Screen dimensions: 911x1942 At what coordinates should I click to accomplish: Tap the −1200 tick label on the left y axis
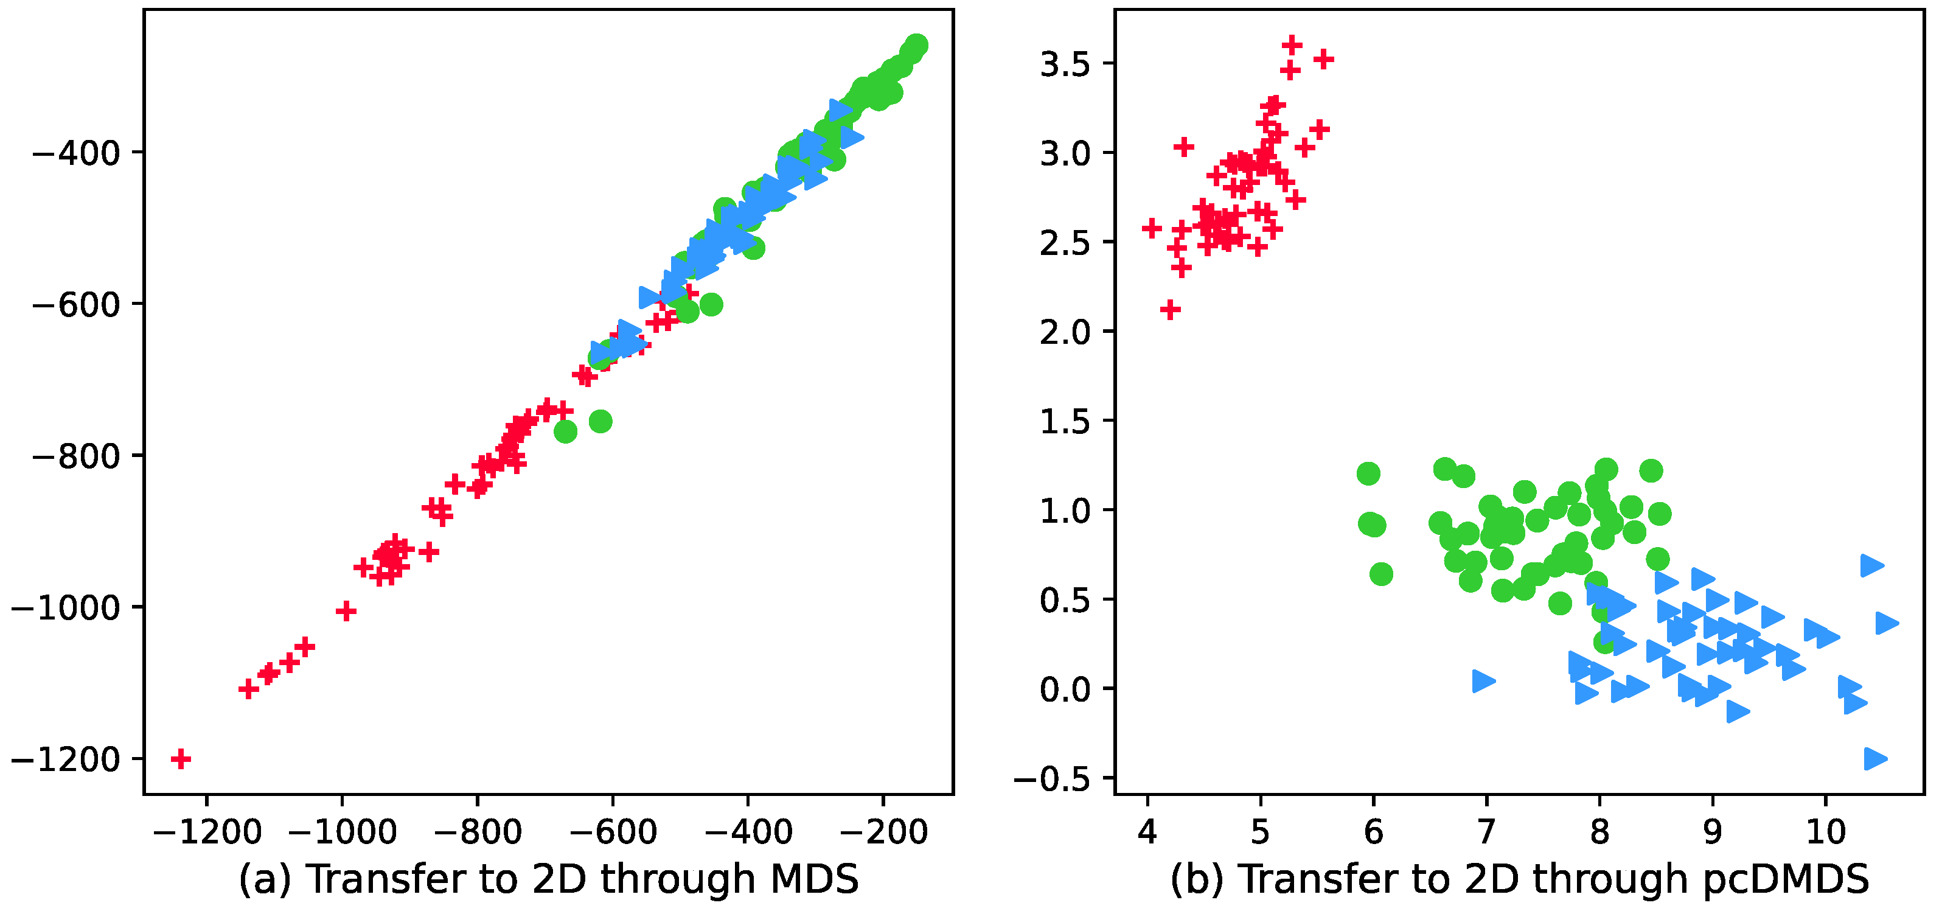coord(66,759)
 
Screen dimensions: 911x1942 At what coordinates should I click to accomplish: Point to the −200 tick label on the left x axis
coord(883,832)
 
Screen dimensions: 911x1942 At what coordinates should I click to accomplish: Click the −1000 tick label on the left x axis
coord(343,832)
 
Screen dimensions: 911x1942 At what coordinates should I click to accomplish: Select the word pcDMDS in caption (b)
coord(1787,879)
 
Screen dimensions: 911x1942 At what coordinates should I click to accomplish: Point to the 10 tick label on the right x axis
coord(1826,832)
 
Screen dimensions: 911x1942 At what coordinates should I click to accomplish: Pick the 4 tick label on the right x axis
coord(1147,832)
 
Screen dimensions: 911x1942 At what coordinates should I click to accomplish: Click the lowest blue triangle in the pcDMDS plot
coord(1875,759)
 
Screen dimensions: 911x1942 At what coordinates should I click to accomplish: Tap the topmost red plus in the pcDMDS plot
coord(1292,45)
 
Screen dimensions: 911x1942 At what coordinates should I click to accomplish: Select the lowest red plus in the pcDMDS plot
coord(1170,309)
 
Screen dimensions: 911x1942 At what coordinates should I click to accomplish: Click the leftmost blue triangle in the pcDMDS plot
coord(1483,681)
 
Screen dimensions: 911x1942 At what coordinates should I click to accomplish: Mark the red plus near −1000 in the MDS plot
coord(346,611)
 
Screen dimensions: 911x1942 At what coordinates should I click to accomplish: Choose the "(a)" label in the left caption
coord(265,879)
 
